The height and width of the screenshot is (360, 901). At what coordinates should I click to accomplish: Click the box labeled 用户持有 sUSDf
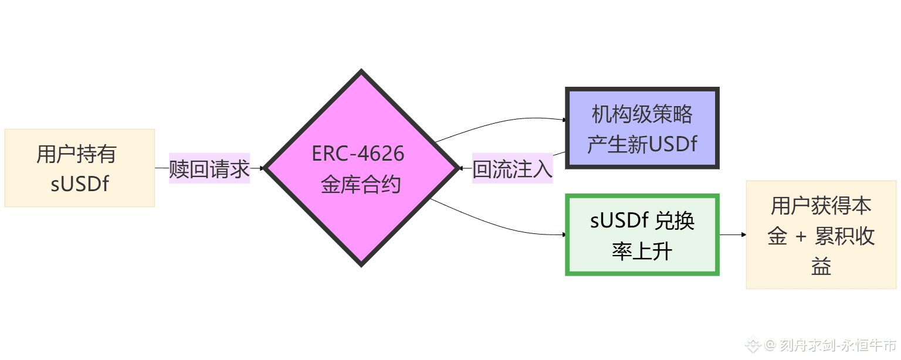[x=79, y=168]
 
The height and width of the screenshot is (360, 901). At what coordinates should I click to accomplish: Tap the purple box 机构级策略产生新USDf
[x=642, y=128]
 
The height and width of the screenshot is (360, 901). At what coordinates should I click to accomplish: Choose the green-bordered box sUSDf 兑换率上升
[x=642, y=235]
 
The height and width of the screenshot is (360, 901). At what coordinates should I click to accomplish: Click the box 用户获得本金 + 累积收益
[x=821, y=235]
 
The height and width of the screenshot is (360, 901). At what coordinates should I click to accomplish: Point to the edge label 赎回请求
[x=209, y=169]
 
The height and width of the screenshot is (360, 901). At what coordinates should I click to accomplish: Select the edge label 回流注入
[x=512, y=169]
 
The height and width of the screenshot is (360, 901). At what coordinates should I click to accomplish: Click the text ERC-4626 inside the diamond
[x=358, y=154]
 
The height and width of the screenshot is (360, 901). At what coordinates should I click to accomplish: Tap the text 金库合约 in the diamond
[x=361, y=184]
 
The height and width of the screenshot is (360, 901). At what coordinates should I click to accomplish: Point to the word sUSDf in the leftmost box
[x=80, y=184]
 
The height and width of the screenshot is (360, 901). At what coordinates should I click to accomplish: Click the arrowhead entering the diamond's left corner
[x=262, y=168]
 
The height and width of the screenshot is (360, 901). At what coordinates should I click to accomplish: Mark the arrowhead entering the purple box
[x=564, y=120]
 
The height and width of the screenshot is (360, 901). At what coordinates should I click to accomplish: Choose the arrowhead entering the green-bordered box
[x=564, y=235]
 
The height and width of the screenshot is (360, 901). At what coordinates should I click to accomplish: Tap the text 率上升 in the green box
[x=642, y=252]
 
